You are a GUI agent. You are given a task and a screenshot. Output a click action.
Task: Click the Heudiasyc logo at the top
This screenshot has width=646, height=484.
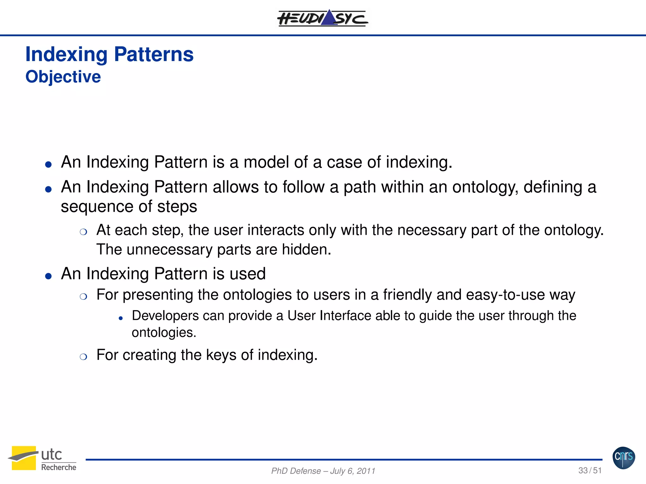point(322,18)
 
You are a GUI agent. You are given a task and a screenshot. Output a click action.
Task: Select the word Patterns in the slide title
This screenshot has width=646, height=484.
point(154,54)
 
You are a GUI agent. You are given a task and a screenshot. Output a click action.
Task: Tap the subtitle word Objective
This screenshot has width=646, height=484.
point(63,77)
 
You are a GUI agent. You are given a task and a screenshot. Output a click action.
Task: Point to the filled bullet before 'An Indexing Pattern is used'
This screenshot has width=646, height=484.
point(48,276)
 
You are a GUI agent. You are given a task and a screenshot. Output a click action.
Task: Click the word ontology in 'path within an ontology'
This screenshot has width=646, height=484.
point(485,187)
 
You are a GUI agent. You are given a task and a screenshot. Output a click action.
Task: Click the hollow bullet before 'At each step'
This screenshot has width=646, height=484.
point(83,232)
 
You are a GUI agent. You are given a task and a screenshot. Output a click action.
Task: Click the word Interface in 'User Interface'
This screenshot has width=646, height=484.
point(345,316)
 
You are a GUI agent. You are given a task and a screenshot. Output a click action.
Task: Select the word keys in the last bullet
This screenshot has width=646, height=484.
point(221,355)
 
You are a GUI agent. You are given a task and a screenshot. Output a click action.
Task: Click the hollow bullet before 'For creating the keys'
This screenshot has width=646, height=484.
point(83,357)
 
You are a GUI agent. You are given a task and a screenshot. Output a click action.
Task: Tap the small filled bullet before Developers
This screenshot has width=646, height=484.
point(120,319)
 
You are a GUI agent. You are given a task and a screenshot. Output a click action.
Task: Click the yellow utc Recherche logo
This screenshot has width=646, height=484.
point(42,458)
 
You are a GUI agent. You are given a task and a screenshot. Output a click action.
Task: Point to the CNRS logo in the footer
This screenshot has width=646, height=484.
point(624,458)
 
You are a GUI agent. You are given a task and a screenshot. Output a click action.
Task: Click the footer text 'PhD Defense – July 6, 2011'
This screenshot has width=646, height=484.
point(323,471)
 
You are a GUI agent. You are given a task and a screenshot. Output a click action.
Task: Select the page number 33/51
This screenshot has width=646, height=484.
point(590,470)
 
